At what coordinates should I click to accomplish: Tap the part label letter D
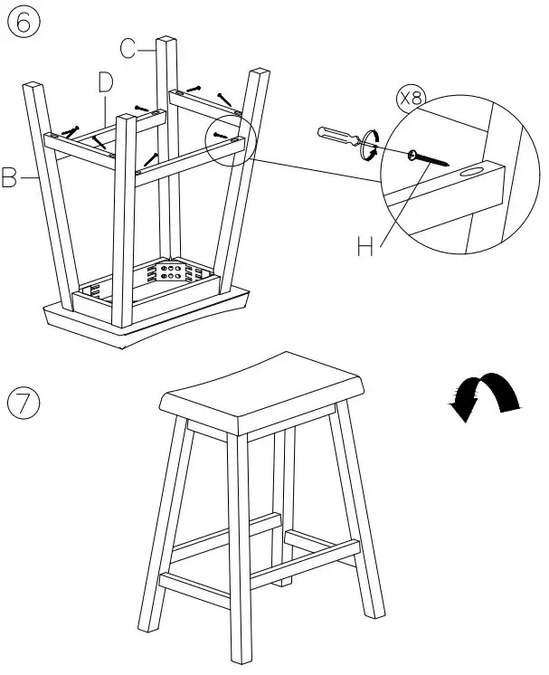(106, 82)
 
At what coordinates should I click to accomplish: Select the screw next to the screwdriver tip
(427, 160)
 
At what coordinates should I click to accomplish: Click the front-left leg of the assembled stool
(163, 534)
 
